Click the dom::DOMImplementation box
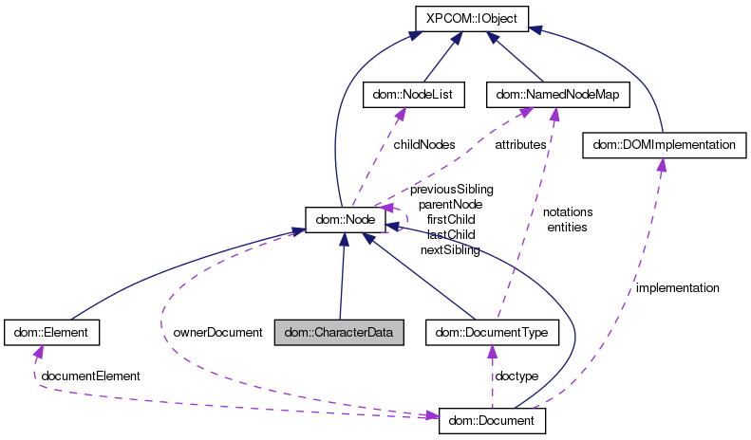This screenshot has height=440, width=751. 664,145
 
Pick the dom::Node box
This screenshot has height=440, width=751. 344,220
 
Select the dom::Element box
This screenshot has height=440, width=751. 52,333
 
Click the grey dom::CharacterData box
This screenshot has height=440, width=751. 339,333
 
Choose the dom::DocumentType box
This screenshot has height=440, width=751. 492,333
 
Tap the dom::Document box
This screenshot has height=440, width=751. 492,420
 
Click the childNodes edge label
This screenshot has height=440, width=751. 423,144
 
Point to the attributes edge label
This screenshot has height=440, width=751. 520,144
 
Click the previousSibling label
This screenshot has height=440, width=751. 451,190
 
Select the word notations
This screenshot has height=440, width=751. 568,212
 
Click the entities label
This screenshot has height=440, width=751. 568,227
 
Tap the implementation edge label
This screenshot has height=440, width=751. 677,287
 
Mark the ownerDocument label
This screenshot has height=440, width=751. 216,333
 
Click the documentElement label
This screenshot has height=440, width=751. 90,376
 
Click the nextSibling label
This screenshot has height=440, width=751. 449,248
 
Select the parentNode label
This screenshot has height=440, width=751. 450,204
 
